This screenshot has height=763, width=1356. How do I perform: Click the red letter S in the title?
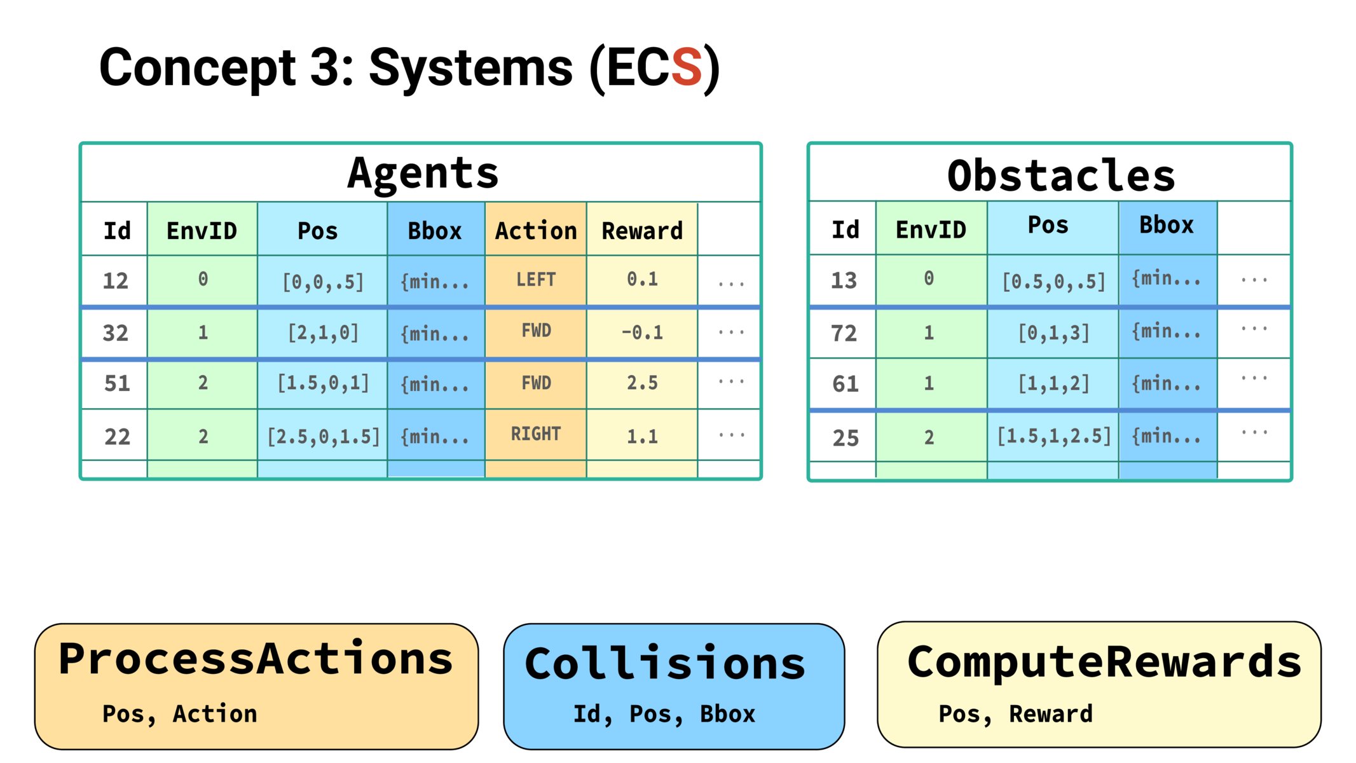pyautogui.click(x=686, y=67)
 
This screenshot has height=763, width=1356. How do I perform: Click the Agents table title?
pyautogui.click(x=423, y=173)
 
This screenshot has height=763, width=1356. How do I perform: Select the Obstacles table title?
pyautogui.click(x=1061, y=175)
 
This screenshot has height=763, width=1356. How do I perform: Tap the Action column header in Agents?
pyautogui.click(x=536, y=230)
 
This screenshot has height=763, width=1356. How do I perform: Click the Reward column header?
pyautogui.click(x=642, y=230)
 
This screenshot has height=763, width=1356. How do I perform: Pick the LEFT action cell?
pyautogui.click(x=536, y=280)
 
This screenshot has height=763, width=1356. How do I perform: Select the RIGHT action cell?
pyautogui.click(x=536, y=434)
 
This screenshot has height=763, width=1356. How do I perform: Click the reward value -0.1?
pyautogui.click(x=642, y=332)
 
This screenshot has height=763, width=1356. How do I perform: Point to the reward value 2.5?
pyautogui.click(x=642, y=383)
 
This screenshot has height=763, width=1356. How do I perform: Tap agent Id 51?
pyautogui.click(x=117, y=383)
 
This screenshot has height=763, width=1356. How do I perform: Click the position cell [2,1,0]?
pyautogui.click(x=323, y=333)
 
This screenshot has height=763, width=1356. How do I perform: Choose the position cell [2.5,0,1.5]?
pyautogui.click(x=323, y=436)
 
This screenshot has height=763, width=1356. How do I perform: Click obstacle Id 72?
pyautogui.click(x=844, y=333)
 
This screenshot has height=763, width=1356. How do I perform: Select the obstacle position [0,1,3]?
pyautogui.click(x=1053, y=333)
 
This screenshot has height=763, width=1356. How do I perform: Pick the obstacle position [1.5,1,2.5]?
pyautogui.click(x=1053, y=436)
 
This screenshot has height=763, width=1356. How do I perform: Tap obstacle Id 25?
pyautogui.click(x=846, y=438)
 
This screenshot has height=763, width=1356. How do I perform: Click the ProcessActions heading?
pyautogui.click(x=256, y=659)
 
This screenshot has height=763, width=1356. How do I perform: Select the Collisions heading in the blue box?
pyautogui.click(x=666, y=664)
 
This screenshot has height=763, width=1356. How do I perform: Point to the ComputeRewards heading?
pyautogui.click(x=1104, y=663)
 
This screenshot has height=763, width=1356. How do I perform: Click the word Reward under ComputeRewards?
pyautogui.click(x=1051, y=714)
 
